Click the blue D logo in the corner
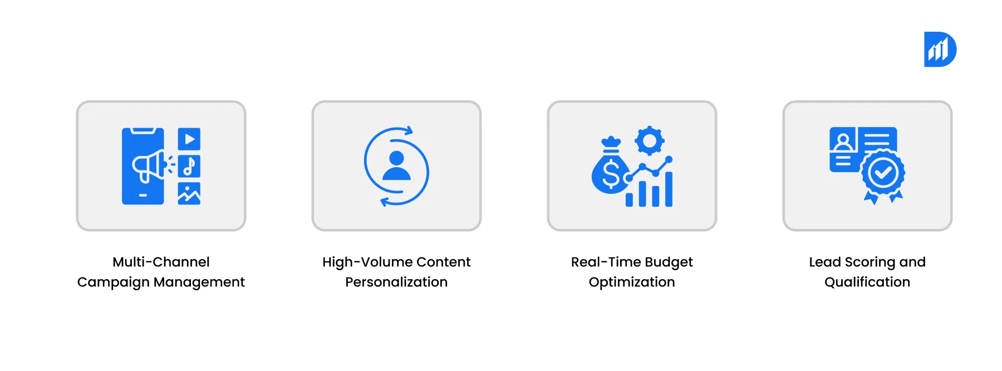[940, 50]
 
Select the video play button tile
[189, 139]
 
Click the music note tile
[189, 166]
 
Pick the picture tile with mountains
[189, 194]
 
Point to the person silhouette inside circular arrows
[396, 166]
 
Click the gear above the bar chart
[649, 140]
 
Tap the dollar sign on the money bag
[611, 173]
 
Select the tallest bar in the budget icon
[669, 189]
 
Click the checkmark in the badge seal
[883, 173]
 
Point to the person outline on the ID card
[843, 141]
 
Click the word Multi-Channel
[161, 262]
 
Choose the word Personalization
[396, 282]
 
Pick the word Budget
[669, 262]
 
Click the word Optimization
[632, 282]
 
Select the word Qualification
[867, 282]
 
